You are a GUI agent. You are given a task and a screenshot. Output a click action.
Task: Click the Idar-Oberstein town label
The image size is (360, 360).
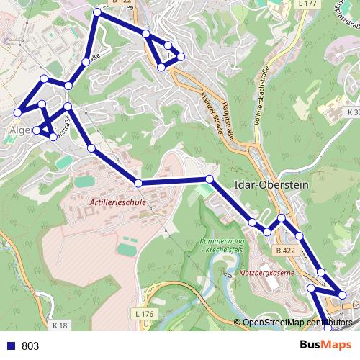tap(271, 184)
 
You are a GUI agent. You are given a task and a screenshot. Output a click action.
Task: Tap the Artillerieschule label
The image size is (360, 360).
tap(118, 204)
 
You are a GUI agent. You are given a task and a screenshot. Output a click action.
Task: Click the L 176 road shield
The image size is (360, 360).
tap(145, 314)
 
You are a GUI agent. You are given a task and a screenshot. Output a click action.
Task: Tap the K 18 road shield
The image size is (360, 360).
tap(60, 326)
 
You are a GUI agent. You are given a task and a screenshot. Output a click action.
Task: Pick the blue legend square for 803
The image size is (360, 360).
tap(9, 346)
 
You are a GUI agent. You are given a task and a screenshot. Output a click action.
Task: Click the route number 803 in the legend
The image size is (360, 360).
tap(30, 346)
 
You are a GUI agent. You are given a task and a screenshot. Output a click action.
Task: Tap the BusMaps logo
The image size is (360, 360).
tap(325, 346)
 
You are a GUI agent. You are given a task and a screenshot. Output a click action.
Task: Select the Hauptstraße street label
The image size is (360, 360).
tap(229, 118)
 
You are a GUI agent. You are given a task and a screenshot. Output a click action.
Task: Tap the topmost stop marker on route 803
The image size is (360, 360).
tap(98, 12)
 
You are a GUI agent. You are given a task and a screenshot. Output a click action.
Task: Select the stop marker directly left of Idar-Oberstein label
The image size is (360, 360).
tap(209, 179)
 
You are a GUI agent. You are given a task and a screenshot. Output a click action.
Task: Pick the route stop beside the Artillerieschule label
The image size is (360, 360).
tap(138, 184)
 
